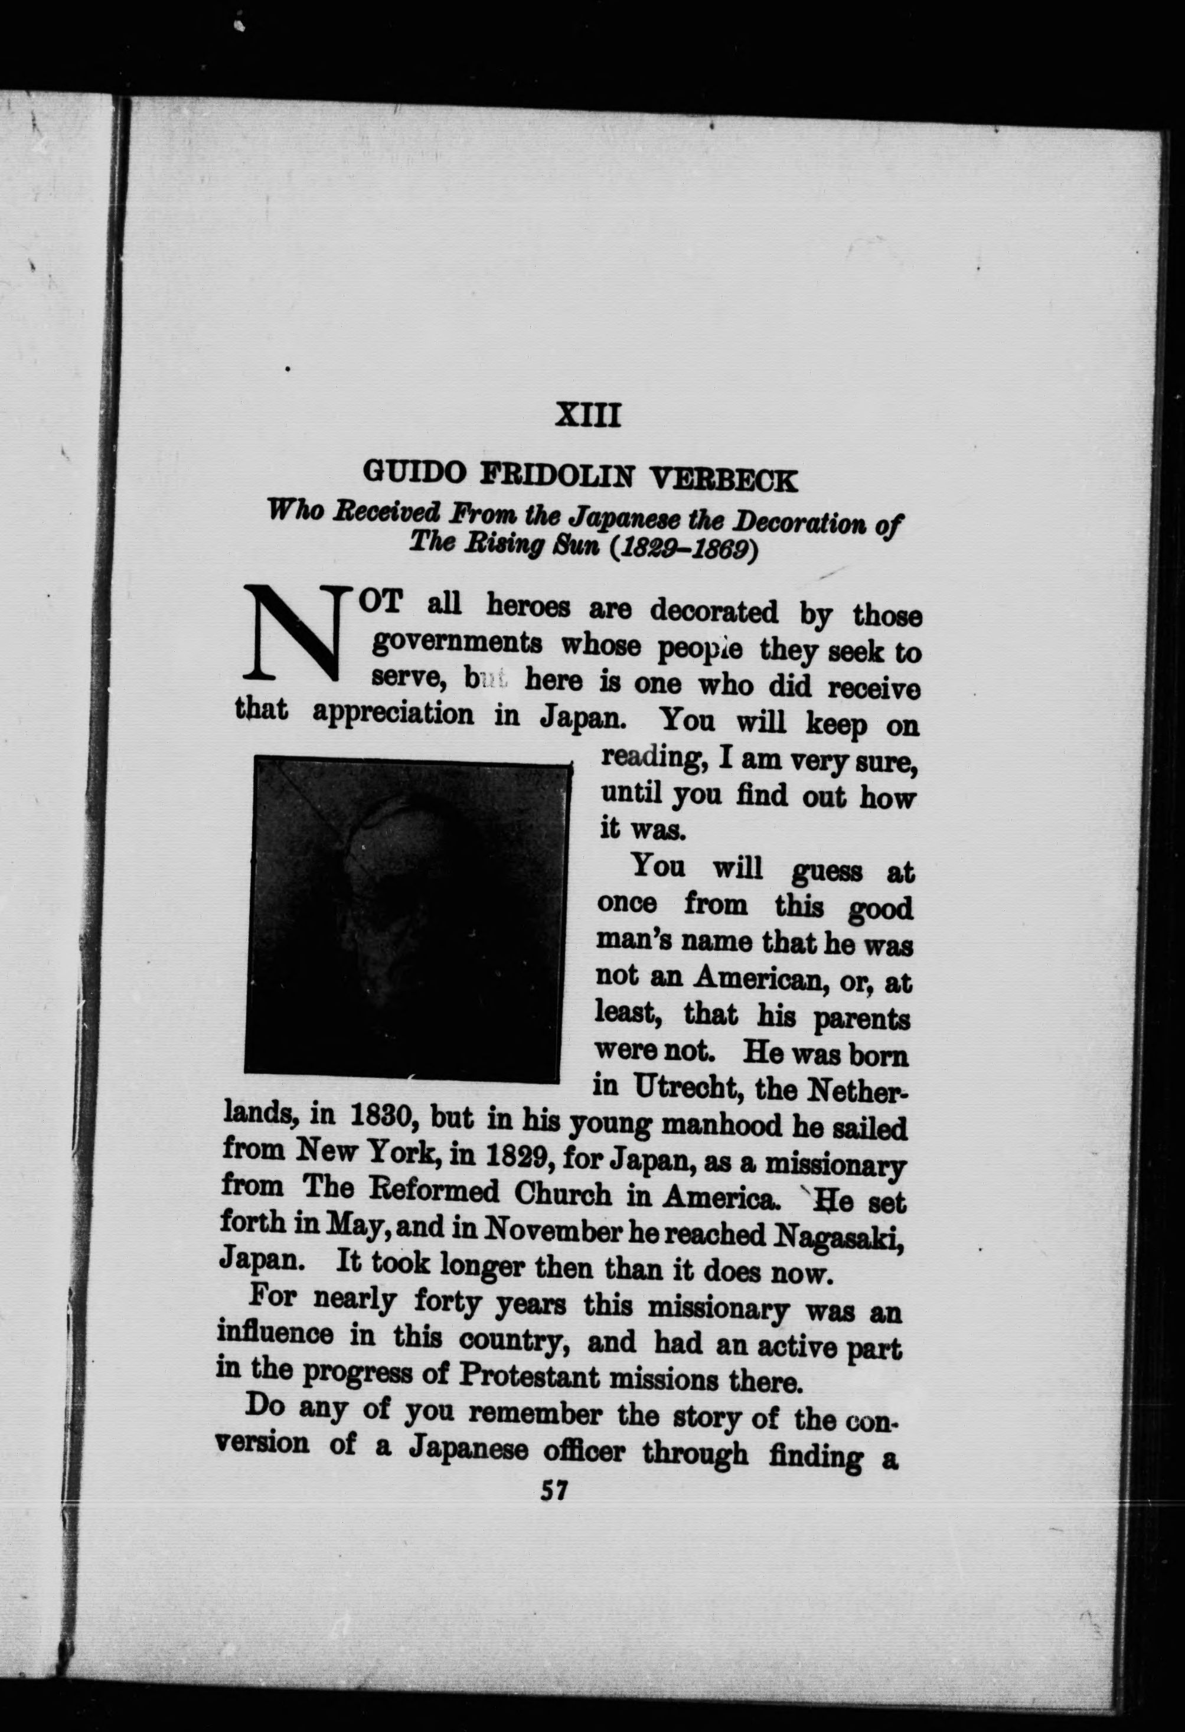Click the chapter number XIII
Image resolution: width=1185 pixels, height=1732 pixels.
588,415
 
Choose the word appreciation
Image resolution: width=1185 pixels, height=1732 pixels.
393,713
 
